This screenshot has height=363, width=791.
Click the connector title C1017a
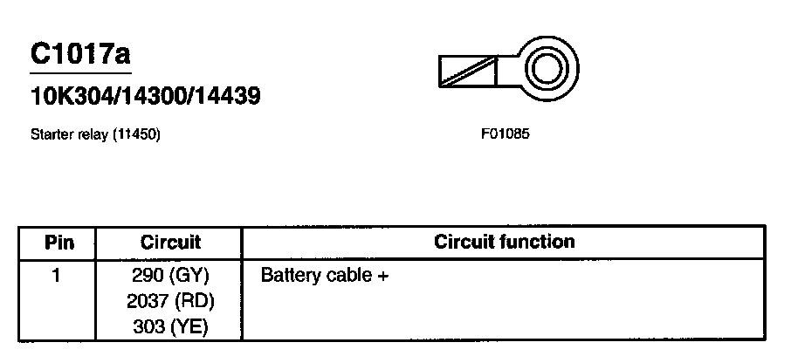(80, 54)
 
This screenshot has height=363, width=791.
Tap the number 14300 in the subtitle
(149, 95)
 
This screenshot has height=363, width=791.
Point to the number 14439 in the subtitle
(225, 95)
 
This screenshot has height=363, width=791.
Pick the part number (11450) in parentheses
(135, 135)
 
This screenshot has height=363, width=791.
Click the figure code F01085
(506, 135)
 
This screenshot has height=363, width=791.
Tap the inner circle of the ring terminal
(548, 67)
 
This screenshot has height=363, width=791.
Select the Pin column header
(58, 243)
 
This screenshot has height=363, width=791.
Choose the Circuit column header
(170, 243)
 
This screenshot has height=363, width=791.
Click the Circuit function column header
(504, 243)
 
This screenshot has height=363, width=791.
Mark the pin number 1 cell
(58, 277)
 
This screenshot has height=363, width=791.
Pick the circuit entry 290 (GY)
(170, 277)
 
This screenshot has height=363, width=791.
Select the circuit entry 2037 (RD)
(170, 302)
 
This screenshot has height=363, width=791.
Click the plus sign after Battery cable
(382, 277)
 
